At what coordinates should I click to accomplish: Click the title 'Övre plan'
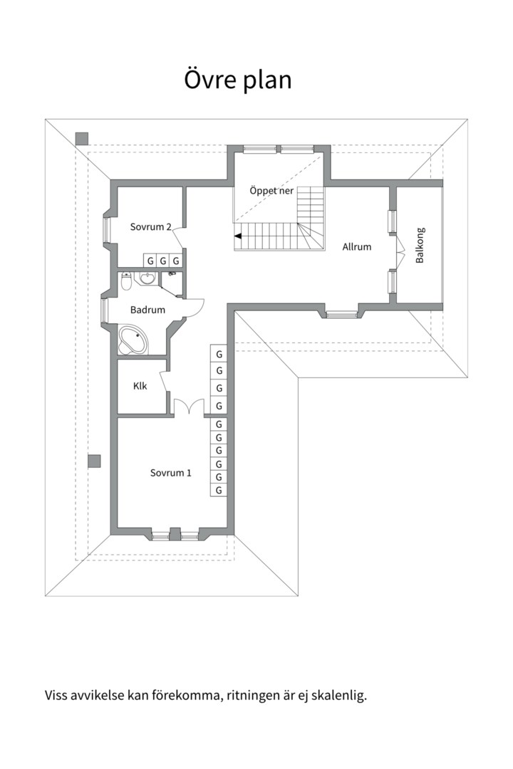coord(238,80)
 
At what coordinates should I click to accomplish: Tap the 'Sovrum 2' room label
coord(150,227)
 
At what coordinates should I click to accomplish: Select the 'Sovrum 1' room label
coord(170,473)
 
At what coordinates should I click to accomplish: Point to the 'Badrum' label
coord(147,310)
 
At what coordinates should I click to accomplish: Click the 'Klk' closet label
coord(140,386)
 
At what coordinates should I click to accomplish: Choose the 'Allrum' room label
coord(356,247)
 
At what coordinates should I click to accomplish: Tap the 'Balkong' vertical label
coord(420,246)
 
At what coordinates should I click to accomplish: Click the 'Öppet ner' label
coord(271,191)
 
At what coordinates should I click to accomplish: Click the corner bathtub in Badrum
coord(133,340)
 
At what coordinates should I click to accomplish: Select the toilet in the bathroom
coord(126,283)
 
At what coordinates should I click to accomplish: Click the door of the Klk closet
coord(165,381)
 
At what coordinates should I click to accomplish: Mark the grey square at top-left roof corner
coord(81,138)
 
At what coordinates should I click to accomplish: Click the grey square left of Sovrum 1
coord(94,461)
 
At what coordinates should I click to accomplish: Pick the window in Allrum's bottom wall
coord(340,313)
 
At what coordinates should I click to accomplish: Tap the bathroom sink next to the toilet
coord(147,278)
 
